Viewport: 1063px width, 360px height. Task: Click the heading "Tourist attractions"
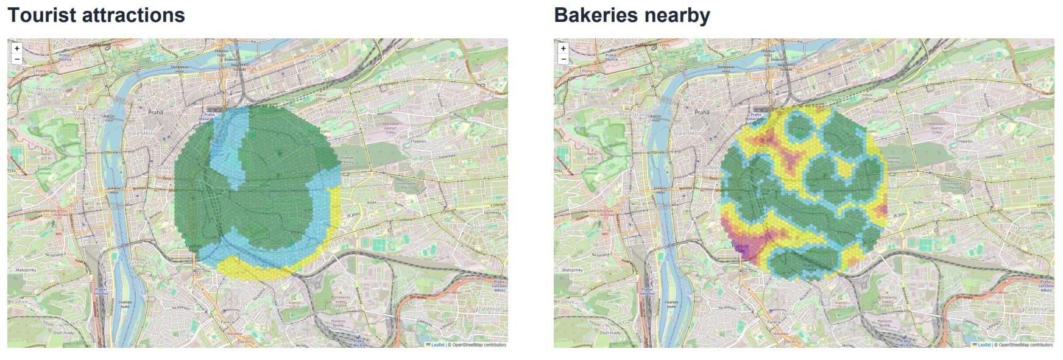[96, 15]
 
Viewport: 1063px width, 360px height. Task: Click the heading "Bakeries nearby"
[632, 15]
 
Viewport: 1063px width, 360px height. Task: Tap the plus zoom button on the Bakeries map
[563, 48]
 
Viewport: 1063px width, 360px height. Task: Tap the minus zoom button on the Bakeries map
[563, 59]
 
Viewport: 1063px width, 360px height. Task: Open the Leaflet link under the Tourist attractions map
[437, 345]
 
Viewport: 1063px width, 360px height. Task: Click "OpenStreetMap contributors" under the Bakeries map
[1026, 345]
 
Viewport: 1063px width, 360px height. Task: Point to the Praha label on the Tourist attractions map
[156, 112]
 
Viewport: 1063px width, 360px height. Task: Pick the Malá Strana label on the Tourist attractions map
[88, 114]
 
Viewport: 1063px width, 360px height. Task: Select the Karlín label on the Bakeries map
[861, 55]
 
